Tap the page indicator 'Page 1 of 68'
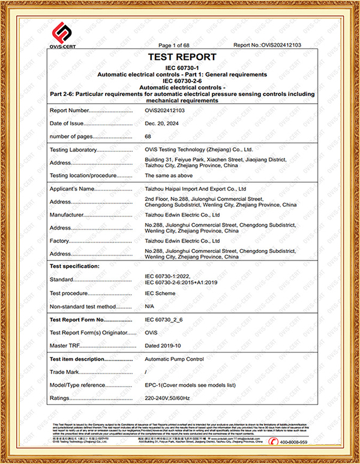tap(173, 46)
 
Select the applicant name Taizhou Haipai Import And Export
tap(196, 189)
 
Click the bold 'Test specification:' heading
tap(75, 265)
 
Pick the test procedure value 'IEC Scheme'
tap(160, 293)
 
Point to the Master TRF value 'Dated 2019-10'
tap(163, 345)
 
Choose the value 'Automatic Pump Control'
tap(175, 358)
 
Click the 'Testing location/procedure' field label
tap(82, 175)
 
